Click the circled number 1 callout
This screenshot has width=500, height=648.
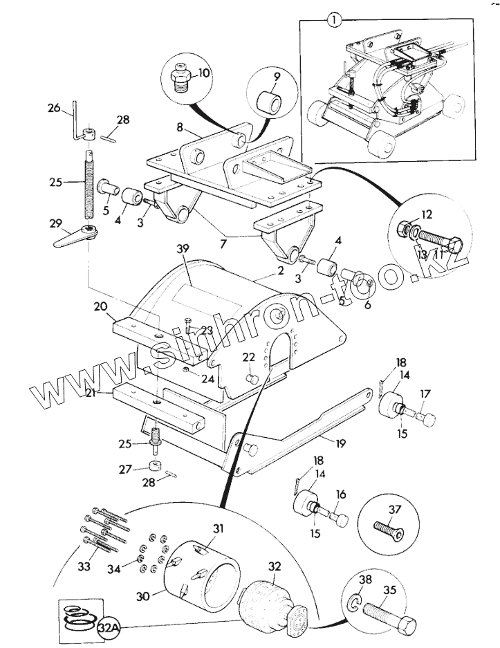(x=334, y=20)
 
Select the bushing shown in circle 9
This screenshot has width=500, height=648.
(x=270, y=102)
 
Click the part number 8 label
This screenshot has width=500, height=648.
(x=180, y=127)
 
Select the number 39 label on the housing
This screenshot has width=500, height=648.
(x=183, y=249)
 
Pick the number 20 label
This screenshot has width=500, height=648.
(x=100, y=306)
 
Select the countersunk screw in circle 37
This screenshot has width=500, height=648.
(x=389, y=530)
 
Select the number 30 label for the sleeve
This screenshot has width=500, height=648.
(x=143, y=596)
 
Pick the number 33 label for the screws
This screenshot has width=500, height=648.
(x=84, y=566)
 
